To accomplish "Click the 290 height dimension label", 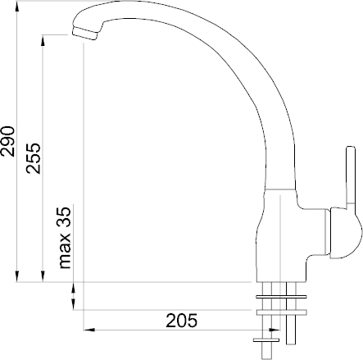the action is click(x=8, y=141).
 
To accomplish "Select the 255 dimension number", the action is click(x=34, y=158).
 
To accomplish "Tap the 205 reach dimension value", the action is click(x=181, y=321).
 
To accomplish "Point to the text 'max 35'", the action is click(x=65, y=238).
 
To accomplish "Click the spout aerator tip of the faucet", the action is click(x=84, y=34).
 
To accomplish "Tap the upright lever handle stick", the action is click(x=351, y=175).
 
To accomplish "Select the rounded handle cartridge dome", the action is click(x=346, y=233).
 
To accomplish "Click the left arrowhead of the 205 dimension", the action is click(x=89, y=330).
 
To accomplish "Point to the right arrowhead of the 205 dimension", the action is click(x=275, y=330).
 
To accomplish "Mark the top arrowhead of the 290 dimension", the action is click(x=17, y=6).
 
